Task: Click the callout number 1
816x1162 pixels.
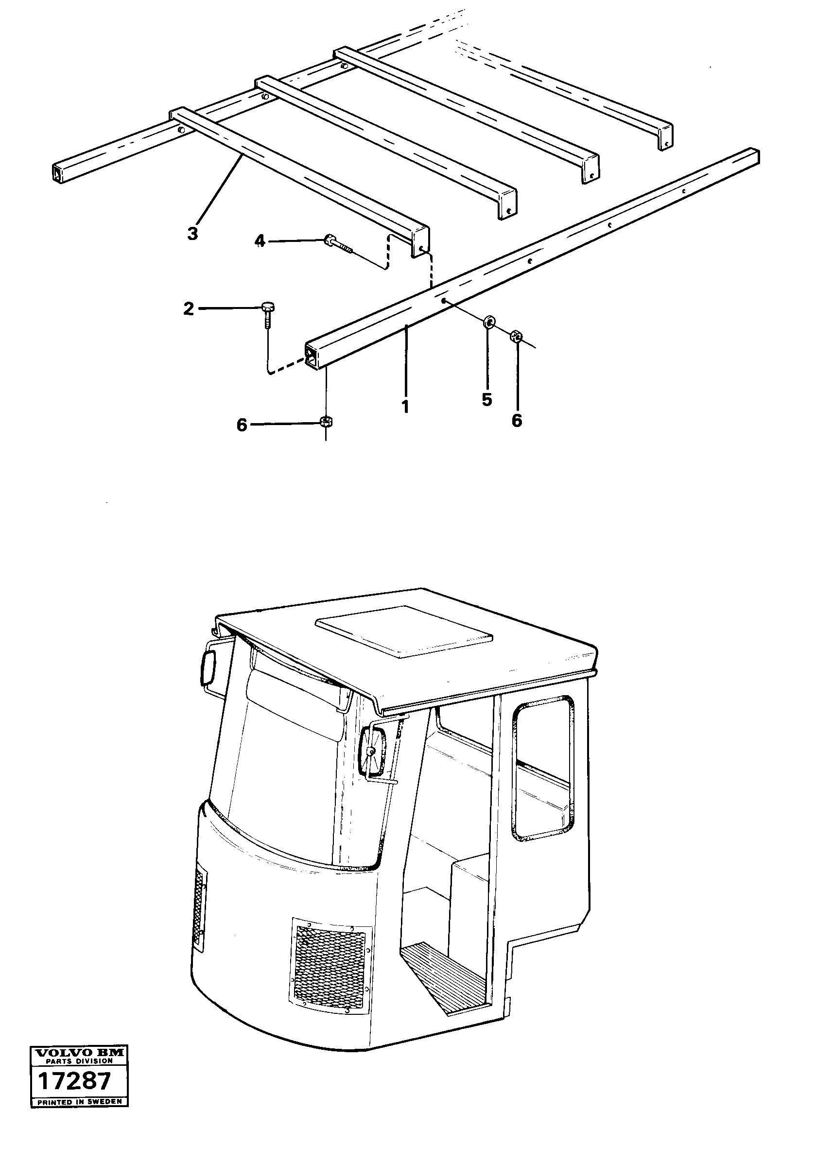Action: point(405,407)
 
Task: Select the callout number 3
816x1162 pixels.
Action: point(192,234)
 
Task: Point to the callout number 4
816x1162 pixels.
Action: point(259,241)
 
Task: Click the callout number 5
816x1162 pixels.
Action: point(486,399)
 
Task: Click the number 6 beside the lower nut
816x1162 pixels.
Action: point(242,425)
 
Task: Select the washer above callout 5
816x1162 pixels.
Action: point(489,322)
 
